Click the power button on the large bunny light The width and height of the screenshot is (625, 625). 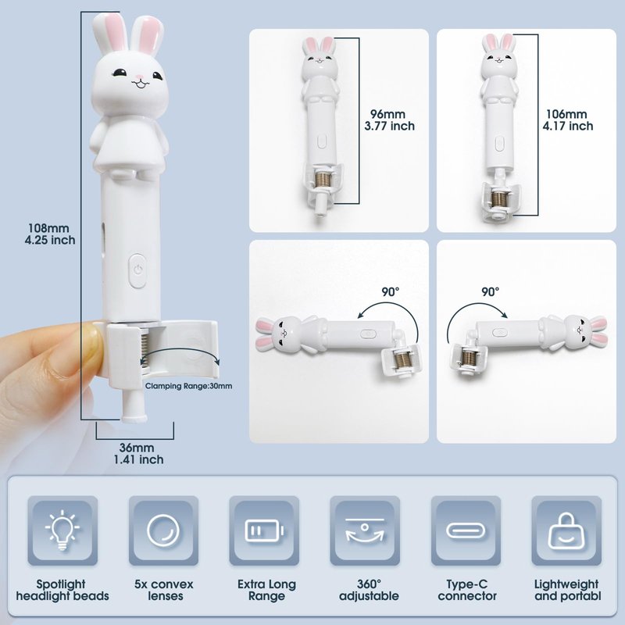pyautogui.click(x=137, y=270)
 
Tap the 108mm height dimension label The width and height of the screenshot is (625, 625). pyautogui.click(x=50, y=234)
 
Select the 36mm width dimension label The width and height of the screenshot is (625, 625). pyautogui.click(x=138, y=453)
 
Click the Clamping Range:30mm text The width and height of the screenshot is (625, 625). pyautogui.click(x=188, y=386)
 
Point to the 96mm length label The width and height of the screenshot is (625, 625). pyautogui.click(x=389, y=120)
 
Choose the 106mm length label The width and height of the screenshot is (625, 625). pyautogui.click(x=568, y=120)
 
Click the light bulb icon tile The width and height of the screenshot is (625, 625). pyautogui.click(x=62, y=530)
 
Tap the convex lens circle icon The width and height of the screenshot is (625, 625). pyautogui.click(x=163, y=530)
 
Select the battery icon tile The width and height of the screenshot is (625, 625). pyautogui.click(x=264, y=530)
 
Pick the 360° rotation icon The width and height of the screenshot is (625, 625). pyautogui.click(x=365, y=531)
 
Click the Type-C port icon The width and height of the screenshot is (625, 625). pyautogui.click(x=466, y=530)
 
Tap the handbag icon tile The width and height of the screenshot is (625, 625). pyautogui.click(x=566, y=530)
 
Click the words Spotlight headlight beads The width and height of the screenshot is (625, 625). pyautogui.click(x=62, y=591)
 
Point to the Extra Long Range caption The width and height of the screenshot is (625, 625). pyautogui.click(x=266, y=591)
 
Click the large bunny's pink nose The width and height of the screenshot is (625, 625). pyautogui.click(x=139, y=77)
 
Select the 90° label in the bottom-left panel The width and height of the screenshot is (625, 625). pyautogui.click(x=390, y=291)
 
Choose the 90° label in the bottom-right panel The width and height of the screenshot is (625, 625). pyautogui.click(x=491, y=291)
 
